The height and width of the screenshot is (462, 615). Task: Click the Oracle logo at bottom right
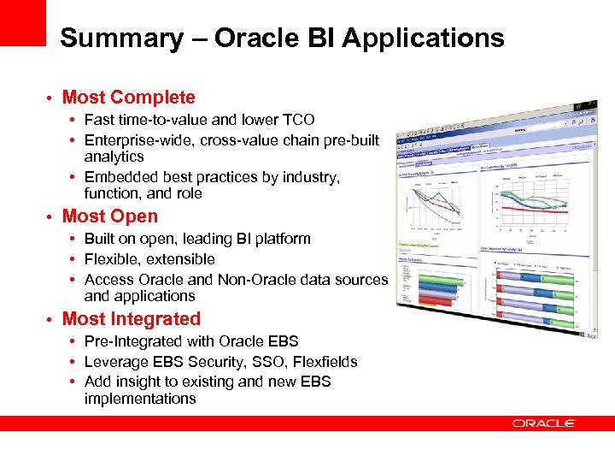[544, 423]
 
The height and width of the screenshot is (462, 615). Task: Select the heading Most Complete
[128, 98]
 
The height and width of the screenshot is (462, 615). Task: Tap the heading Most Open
[110, 216]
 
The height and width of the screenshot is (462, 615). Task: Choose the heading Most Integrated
[132, 319]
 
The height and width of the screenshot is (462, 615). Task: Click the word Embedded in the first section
[121, 177]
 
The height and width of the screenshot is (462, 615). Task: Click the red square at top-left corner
[22, 22]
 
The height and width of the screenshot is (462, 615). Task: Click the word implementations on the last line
[140, 399]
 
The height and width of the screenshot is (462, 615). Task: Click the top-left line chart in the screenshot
[436, 205]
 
